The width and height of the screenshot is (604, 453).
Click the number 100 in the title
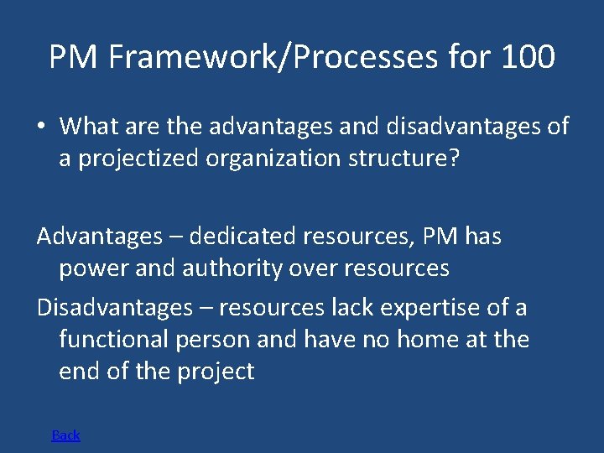point(528,58)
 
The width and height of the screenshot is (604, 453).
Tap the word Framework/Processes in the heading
point(273,58)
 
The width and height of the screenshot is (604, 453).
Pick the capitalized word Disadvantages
point(114,308)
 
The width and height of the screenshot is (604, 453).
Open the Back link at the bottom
point(65,435)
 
